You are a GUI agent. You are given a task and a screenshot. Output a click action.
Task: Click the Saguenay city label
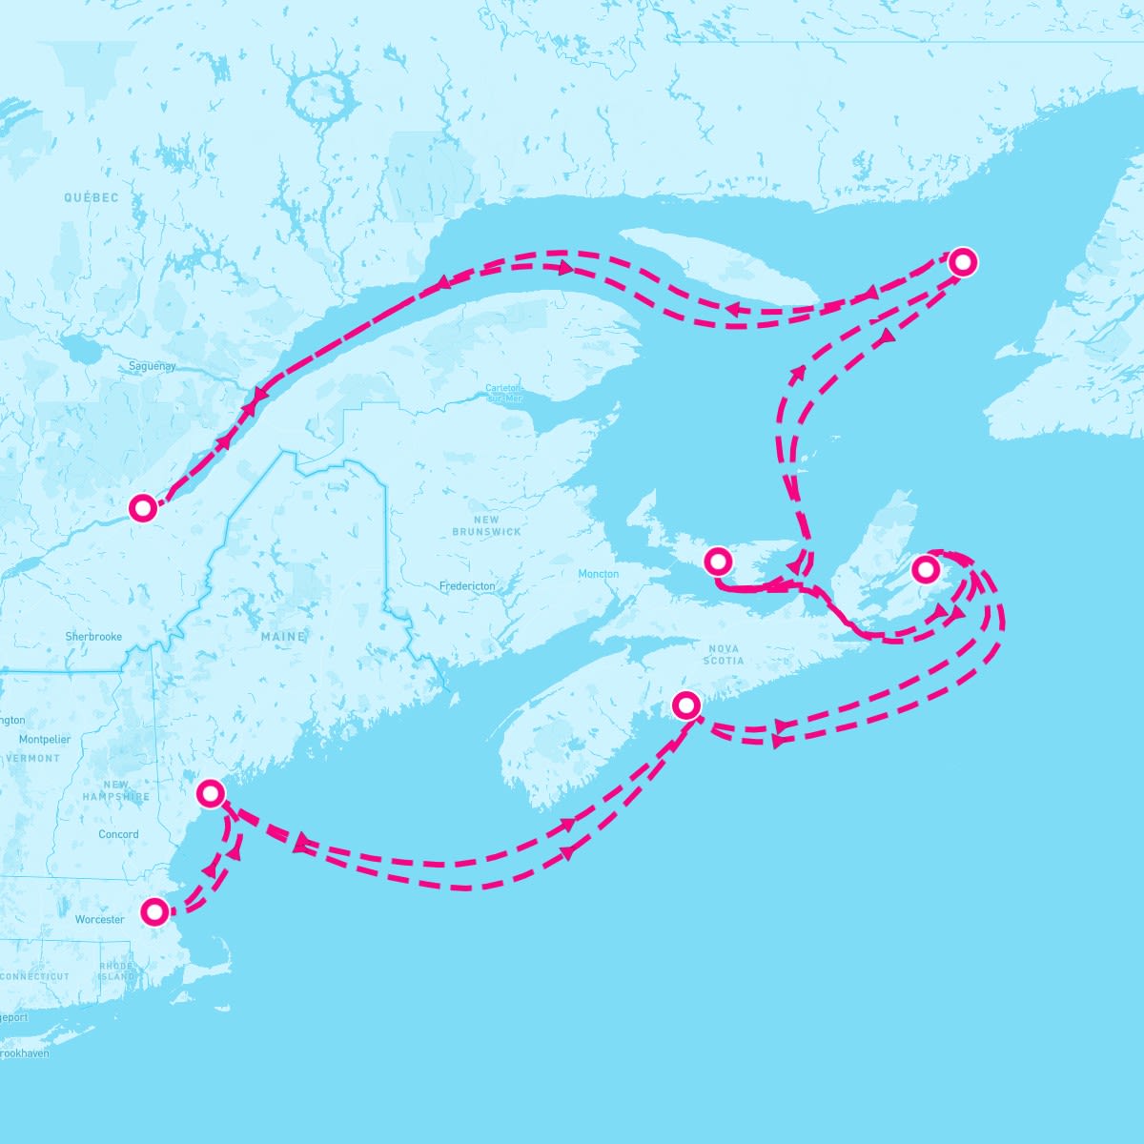coord(153,366)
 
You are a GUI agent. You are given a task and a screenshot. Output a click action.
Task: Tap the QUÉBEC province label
coord(92,198)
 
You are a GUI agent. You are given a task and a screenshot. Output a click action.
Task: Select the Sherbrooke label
coord(93,636)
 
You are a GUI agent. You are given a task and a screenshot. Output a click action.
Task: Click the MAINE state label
coord(283,636)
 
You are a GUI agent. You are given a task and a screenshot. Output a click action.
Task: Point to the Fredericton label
coord(467,586)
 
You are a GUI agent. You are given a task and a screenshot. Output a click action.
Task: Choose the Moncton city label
coord(598,574)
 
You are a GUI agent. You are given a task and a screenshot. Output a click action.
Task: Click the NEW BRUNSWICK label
coord(486,525)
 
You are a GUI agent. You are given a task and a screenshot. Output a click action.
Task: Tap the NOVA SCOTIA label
coord(724,654)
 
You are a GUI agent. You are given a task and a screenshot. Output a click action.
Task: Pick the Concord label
coord(118,834)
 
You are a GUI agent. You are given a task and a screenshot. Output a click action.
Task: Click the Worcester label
coord(99,920)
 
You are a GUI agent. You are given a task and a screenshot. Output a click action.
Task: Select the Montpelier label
coord(45,739)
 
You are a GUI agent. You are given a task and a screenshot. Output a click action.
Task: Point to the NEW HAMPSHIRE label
coord(115,790)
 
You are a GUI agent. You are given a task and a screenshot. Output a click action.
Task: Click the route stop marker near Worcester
coord(154,912)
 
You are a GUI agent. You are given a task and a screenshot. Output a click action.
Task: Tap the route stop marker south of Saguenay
coord(143,508)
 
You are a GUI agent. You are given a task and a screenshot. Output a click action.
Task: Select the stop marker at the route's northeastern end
coord(963,260)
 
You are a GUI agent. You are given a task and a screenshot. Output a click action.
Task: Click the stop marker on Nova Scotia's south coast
coord(686,705)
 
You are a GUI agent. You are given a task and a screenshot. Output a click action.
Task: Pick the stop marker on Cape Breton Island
coord(925,570)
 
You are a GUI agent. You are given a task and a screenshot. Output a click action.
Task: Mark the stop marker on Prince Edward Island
coord(717,561)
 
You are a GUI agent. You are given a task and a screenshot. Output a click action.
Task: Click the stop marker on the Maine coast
coord(211,793)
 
